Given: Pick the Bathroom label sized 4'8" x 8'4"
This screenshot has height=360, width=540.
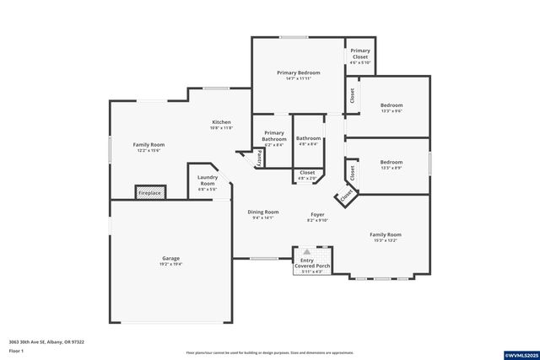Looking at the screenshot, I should pos(308,140).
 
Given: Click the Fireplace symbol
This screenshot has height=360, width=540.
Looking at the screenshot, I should pos(149,193).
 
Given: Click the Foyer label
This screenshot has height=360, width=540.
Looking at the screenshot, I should pos(317,217).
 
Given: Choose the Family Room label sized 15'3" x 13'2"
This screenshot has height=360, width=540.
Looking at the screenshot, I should pos(385,237).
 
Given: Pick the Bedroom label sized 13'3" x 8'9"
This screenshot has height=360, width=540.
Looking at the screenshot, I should pos(391,164).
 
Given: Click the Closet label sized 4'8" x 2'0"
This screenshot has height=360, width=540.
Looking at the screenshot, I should pos(307,175).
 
